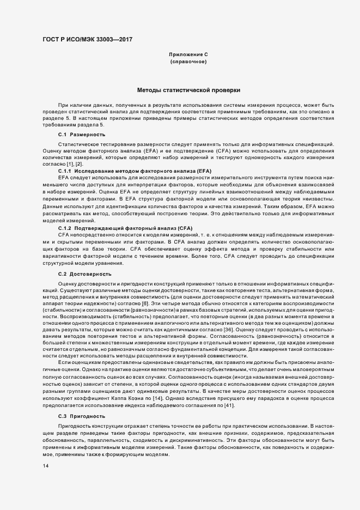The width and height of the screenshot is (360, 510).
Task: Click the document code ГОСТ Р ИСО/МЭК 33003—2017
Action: pos(87,39)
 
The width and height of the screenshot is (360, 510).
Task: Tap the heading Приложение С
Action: pos(188,55)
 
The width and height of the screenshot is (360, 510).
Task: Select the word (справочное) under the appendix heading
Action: pos(188,63)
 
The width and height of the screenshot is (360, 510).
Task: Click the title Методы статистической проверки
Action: pos(188,89)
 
